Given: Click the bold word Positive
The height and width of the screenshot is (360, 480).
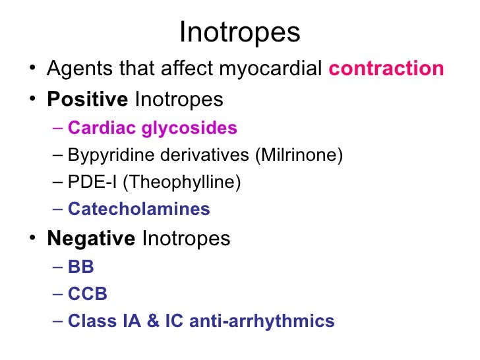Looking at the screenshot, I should click(x=88, y=100).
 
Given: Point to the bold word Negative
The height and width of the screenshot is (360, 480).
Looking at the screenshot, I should click(x=91, y=238).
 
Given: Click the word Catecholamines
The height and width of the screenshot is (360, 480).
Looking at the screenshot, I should click(x=139, y=210).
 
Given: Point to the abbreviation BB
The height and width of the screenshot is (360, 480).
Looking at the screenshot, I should click(x=81, y=268).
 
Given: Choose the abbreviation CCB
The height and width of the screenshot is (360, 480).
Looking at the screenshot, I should click(x=88, y=294).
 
